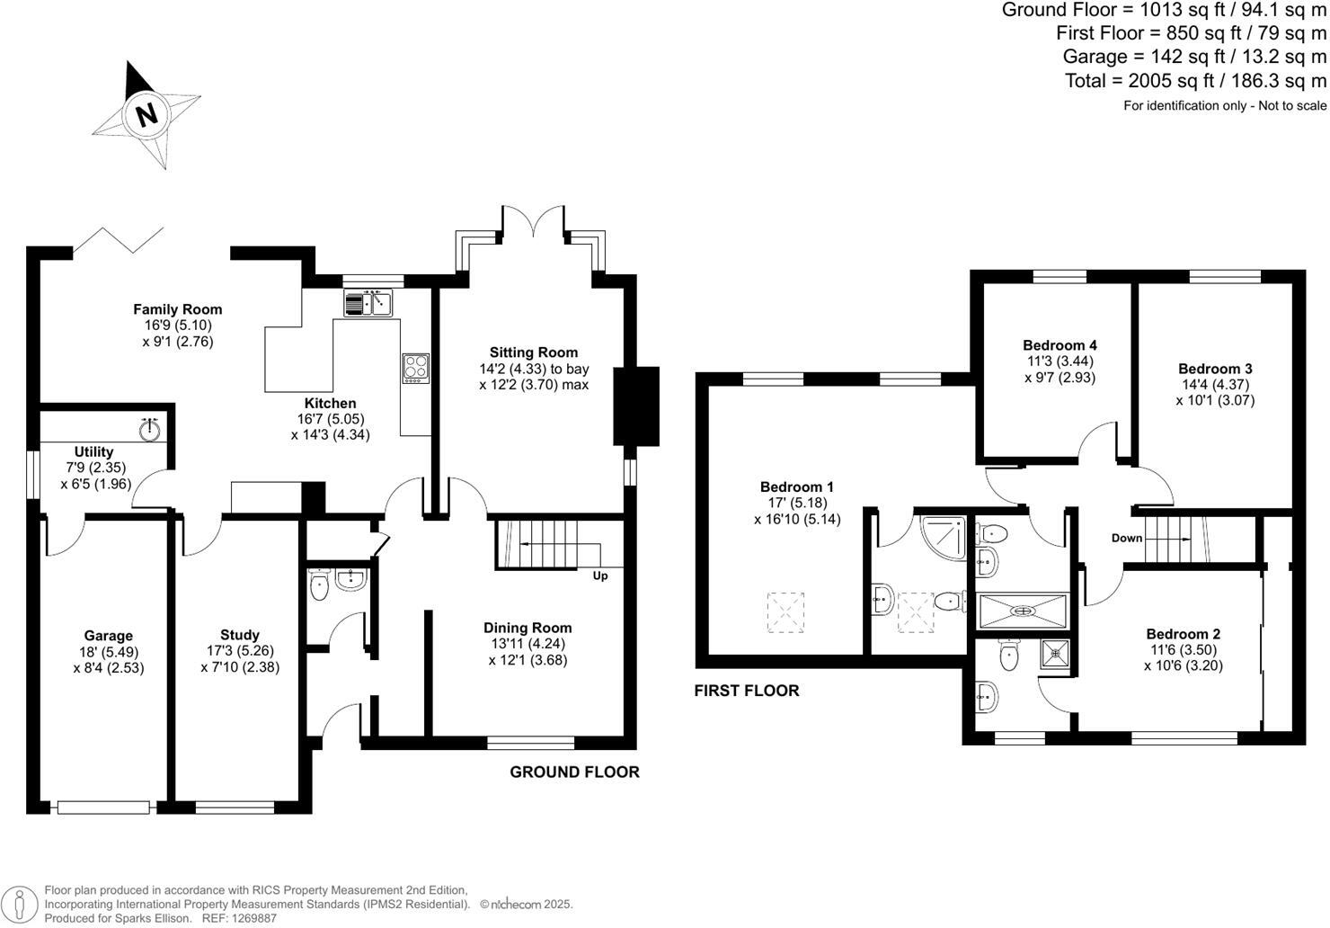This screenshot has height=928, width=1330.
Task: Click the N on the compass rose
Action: pos(146,114)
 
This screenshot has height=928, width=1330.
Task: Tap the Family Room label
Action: pos(178,309)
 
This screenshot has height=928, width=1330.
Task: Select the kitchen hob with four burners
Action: pos(415,368)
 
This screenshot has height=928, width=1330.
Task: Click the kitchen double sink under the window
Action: pos(368,303)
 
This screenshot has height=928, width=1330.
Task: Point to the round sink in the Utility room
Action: pos(150,429)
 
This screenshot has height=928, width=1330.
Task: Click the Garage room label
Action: pos(109,636)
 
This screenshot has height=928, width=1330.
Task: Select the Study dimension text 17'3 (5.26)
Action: pos(239,651)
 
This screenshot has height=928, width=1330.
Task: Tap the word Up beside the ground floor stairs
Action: pos(599,576)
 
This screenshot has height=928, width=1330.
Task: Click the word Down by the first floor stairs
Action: pos(1127,539)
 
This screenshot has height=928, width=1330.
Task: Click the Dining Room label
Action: pos(528,628)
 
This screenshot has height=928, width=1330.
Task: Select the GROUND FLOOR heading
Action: pos(574,772)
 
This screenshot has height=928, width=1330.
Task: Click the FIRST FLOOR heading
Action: pos(746,691)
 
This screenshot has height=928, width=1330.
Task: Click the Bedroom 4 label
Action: pos(1060,345)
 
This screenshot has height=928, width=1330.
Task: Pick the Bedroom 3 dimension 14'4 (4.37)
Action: pos(1215,385)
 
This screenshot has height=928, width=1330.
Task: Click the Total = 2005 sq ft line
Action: pos(1195,81)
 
